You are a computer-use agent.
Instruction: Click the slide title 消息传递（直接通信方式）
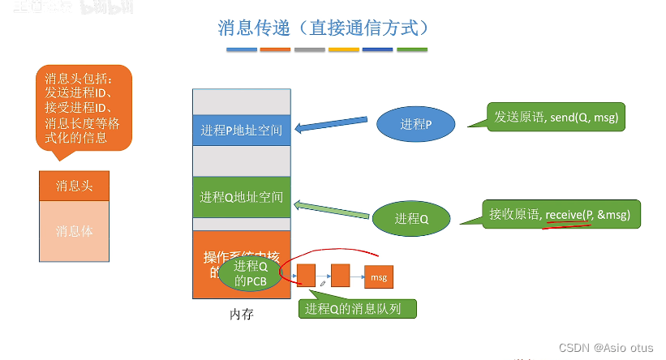tap(322, 27)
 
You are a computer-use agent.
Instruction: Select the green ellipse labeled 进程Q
tap(411, 217)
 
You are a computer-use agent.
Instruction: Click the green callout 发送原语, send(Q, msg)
tap(556, 118)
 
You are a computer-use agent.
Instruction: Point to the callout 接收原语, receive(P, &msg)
tap(561, 214)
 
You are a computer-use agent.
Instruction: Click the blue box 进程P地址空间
tap(242, 129)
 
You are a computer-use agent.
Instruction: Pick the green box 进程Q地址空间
tap(242, 196)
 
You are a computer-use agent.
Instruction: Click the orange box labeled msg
tap(379, 277)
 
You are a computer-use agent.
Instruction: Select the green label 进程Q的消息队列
tap(359, 309)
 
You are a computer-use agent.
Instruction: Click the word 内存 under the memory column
tap(242, 314)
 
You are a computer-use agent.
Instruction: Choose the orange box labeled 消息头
tap(74, 186)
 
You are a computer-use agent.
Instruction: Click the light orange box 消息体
tap(74, 231)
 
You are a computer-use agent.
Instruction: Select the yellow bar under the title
tap(344, 50)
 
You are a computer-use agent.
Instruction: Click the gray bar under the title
tap(310, 50)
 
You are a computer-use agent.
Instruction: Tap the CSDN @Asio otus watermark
tap(606, 347)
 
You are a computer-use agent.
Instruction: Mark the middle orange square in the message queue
tap(340, 276)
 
